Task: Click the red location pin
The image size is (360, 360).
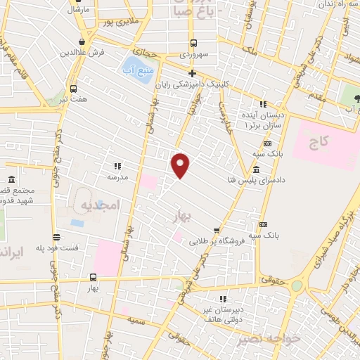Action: coord(181,165)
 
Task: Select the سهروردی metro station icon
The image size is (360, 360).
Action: coord(192,43)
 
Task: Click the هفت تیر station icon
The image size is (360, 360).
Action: coord(74,89)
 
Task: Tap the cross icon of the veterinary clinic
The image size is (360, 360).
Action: coord(192,72)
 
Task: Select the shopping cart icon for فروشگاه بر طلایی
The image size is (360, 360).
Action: coord(217,230)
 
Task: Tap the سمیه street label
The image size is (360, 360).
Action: coord(136,319)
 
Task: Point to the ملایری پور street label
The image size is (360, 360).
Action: coord(117,22)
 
